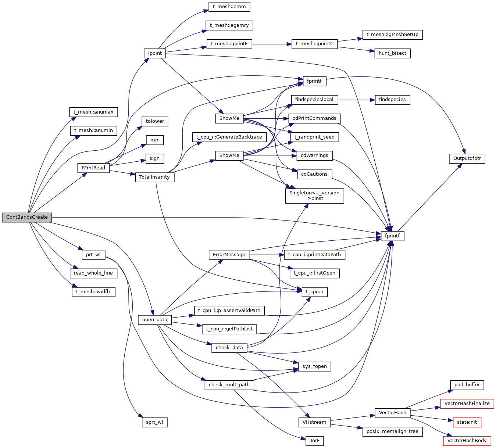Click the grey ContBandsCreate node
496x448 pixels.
click(x=27, y=217)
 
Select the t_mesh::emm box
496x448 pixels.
click(x=229, y=7)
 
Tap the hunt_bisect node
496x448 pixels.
click(x=392, y=53)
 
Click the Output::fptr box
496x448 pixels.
click(x=467, y=158)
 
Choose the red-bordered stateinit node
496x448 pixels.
click(x=467, y=422)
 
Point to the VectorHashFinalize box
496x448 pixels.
click(x=467, y=404)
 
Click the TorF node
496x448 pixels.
click(x=314, y=441)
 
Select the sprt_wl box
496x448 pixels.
click(x=154, y=422)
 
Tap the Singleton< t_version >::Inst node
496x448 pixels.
click(x=314, y=196)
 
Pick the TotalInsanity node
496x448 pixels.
click(x=154, y=177)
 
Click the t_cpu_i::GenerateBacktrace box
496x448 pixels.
click(x=229, y=137)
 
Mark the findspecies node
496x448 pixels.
click(x=392, y=100)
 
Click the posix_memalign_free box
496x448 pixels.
click(x=392, y=431)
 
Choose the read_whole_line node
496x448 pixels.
click(x=93, y=273)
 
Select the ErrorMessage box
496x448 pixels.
click(x=229, y=255)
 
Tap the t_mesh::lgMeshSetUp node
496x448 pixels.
click(x=392, y=35)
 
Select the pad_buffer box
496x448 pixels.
click(x=467, y=385)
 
